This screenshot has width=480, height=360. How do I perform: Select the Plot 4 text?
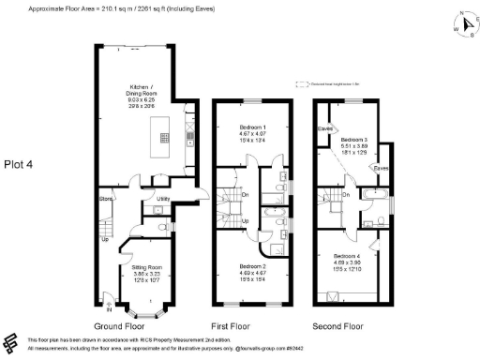17,164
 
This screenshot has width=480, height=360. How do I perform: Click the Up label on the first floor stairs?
245,221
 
